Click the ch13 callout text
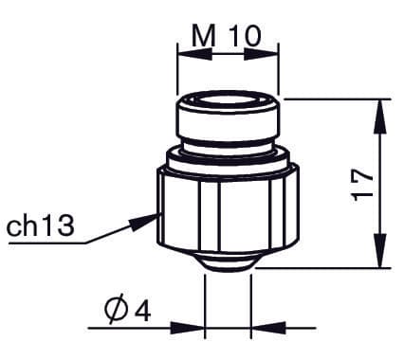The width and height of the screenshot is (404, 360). [40, 226]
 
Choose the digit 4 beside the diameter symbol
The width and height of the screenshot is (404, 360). [142, 309]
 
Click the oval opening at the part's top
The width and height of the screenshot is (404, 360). [229, 100]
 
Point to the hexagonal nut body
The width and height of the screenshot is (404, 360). [228, 213]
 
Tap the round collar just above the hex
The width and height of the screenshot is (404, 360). [228, 156]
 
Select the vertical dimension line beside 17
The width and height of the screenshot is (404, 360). [380, 180]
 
